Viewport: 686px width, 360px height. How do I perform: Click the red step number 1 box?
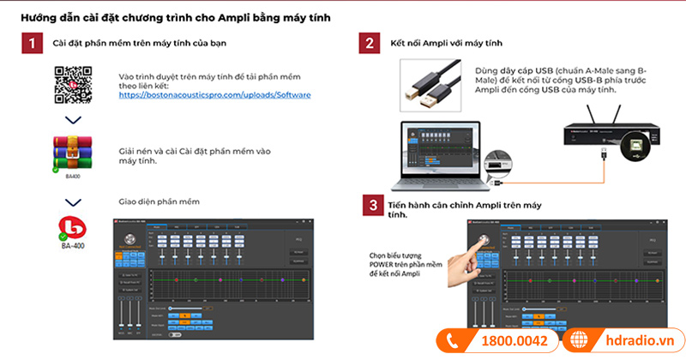(31, 44)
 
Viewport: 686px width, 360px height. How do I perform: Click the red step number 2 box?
(370, 44)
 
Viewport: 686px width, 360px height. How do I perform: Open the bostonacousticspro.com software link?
(214, 95)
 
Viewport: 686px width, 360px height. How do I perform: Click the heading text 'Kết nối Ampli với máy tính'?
(446, 43)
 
